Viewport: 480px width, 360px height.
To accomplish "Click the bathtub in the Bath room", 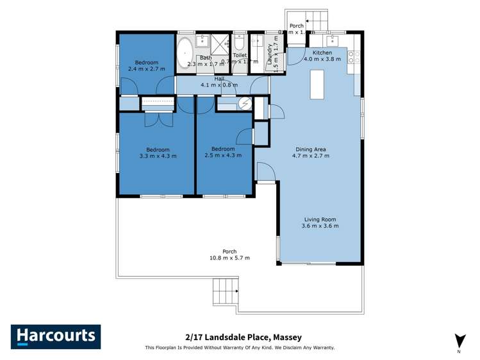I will (186, 53).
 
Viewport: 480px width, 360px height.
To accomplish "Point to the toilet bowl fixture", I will (239, 43).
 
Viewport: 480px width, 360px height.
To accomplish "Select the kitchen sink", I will (336, 39).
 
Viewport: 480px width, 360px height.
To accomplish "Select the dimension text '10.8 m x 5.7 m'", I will (229, 258).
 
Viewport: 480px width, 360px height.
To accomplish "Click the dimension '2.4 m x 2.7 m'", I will (145, 69).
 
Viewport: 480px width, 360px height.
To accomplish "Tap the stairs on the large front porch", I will (225, 295).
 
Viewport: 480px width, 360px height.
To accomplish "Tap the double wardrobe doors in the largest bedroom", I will (158, 119).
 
